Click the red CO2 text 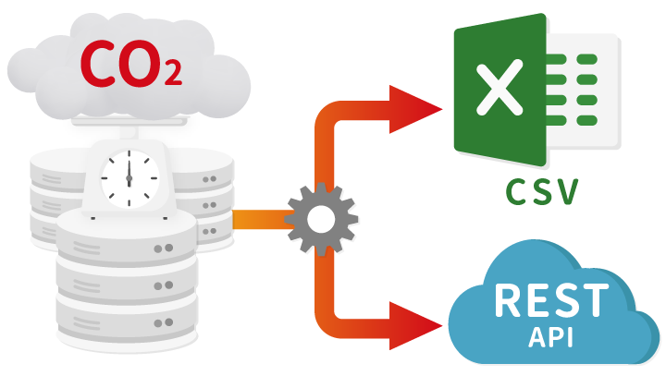coord(129,64)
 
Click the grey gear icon coord(320,219)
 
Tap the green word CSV coord(542,192)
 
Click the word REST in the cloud coord(551,301)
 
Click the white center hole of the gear coord(320,219)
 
